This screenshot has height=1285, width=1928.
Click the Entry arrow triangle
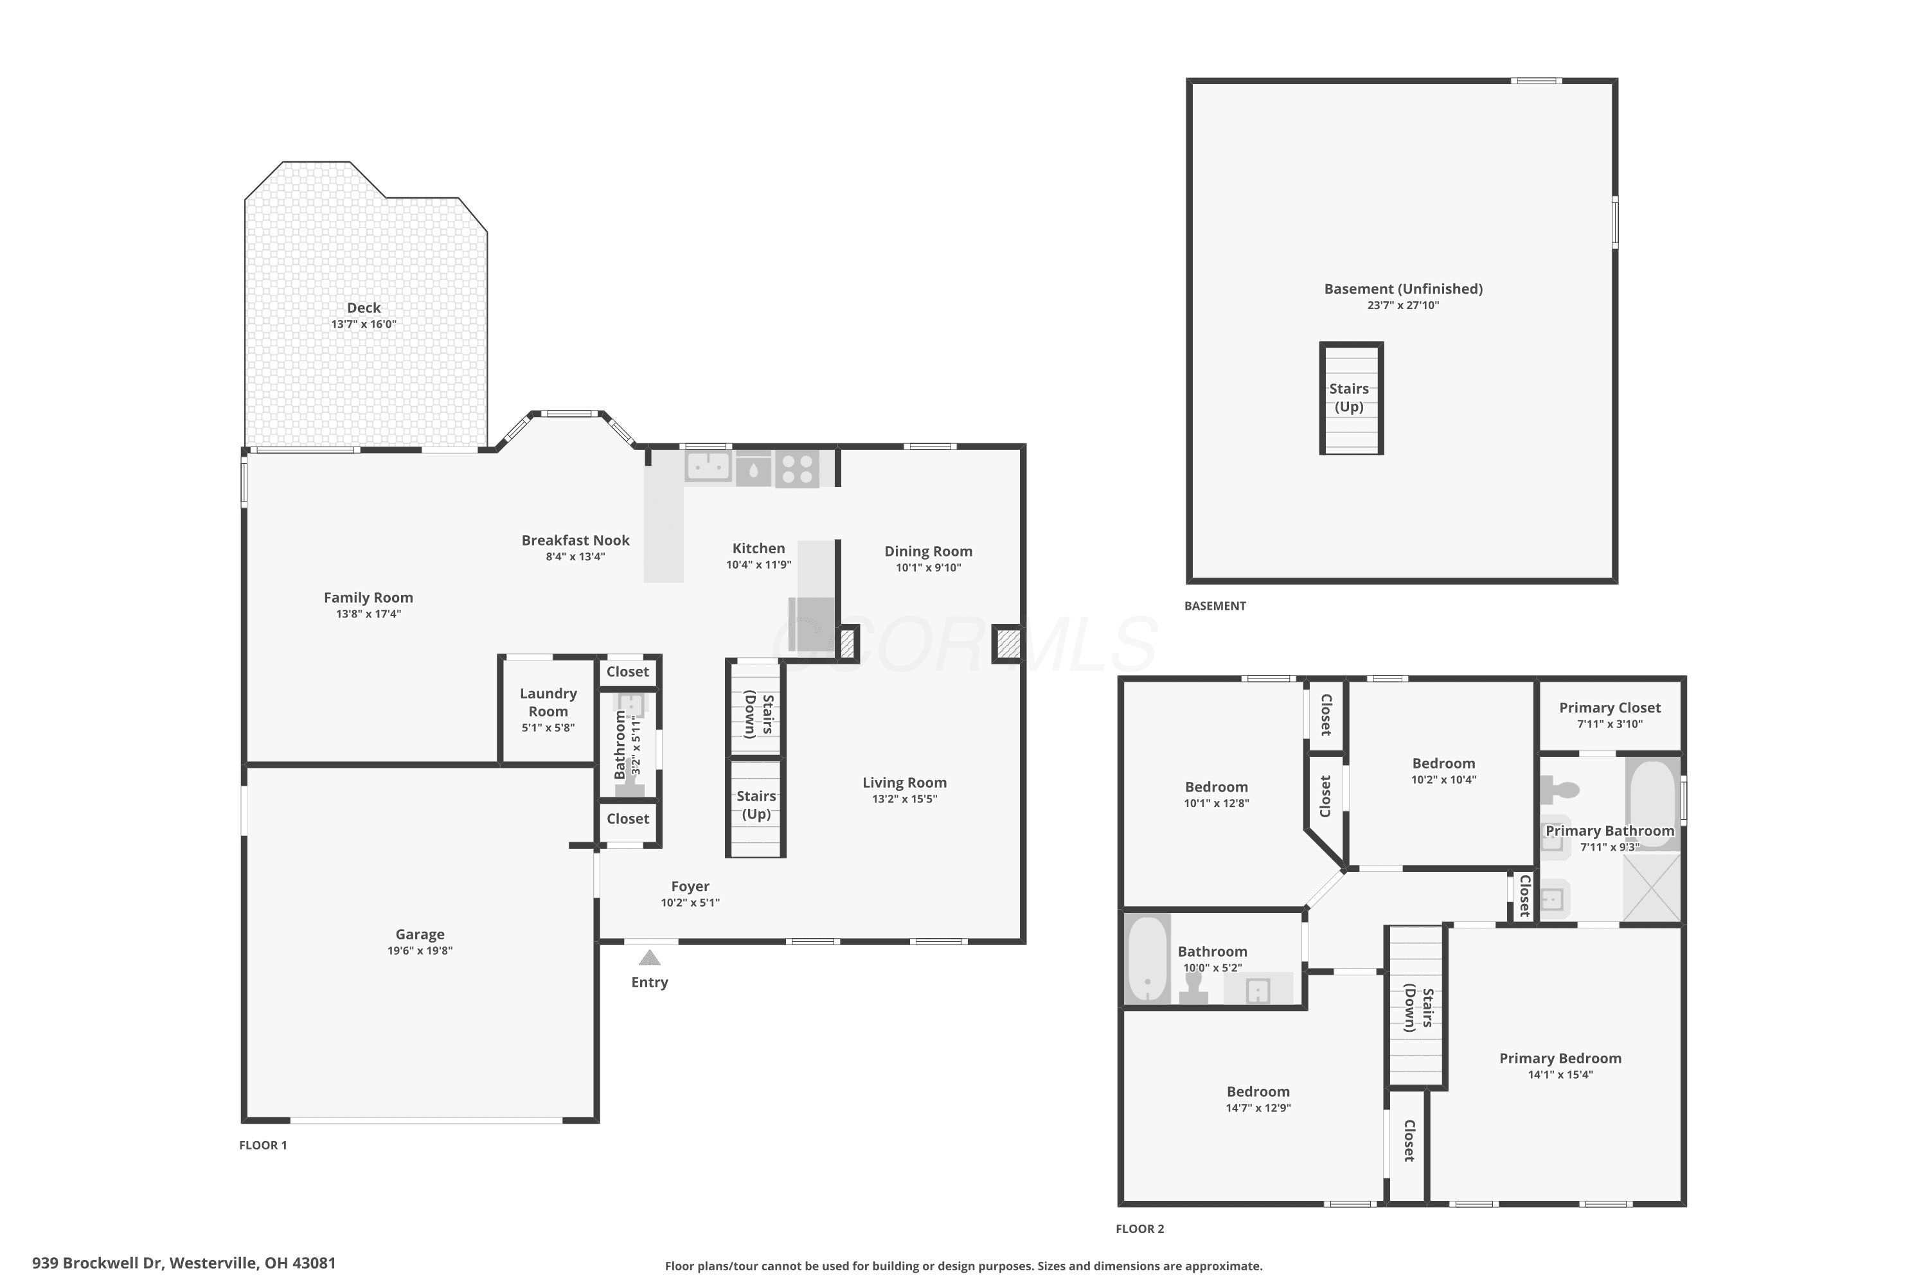(649, 957)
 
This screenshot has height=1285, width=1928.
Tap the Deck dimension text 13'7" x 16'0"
(363, 324)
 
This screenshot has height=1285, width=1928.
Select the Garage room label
(420, 934)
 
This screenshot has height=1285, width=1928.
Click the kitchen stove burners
(797, 469)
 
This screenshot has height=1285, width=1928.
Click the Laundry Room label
(548, 702)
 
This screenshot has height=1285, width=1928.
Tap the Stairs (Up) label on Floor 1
(756, 805)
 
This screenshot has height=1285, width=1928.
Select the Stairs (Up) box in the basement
(1351, 398)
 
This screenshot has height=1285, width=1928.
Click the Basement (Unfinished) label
(1404, 288)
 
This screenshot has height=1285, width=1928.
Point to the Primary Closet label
(1610, 707)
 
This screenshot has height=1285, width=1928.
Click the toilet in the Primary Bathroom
(1559, 790)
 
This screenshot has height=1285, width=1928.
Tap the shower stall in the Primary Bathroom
(1652, 887)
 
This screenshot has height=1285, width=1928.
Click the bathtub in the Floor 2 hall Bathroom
(1148, 959)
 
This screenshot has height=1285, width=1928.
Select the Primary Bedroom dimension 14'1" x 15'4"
(1560, 1075)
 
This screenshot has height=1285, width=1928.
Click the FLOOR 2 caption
(1139, 1228)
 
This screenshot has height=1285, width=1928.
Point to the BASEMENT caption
(1215, 606)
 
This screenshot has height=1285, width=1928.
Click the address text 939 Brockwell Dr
(98, 1263)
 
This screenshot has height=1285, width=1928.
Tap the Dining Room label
(928, 551)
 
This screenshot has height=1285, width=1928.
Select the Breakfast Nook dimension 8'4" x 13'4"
(575, 557)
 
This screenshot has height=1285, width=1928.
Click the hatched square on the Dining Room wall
(1008, 644)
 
